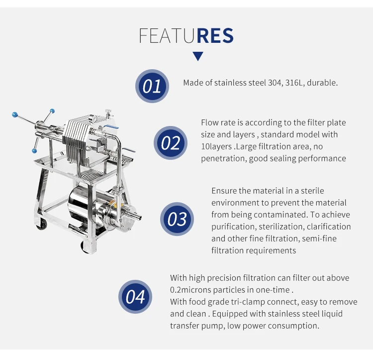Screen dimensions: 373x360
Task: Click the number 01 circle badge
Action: [152, 86]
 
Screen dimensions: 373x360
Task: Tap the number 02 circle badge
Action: [171, 143]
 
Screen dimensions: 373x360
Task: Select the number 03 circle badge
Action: [177, 219]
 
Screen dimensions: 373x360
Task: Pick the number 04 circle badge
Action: [135, 297]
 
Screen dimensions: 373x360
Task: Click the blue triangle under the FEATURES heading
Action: [198, 56]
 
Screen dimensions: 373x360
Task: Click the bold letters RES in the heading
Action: [215, 36]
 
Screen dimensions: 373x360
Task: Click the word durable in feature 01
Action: [322, 83]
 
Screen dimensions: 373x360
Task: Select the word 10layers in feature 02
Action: [216, 146]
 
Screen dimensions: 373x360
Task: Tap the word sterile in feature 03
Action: [312, 191]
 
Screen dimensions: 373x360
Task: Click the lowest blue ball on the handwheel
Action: [34, 151]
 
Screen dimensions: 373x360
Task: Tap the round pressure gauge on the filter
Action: [92, 119]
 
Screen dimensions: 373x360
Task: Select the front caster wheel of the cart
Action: [87, 247]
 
